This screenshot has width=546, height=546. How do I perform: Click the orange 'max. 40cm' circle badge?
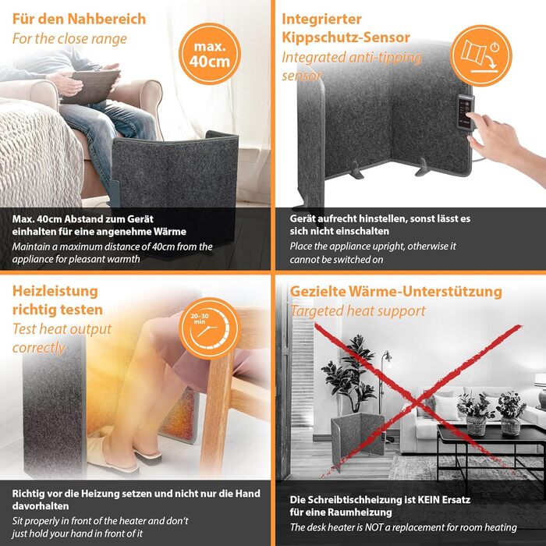210,54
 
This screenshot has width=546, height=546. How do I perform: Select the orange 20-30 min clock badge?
210,328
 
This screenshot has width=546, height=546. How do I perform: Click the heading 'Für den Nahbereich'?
79,19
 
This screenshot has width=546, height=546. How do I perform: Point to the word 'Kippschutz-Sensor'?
346,37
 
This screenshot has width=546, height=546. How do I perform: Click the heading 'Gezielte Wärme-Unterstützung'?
396,292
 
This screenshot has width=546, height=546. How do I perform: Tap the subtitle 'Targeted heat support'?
358,311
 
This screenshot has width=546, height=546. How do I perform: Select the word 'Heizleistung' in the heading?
55,292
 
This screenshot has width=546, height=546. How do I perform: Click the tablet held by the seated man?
91,86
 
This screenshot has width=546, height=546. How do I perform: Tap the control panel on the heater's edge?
466,112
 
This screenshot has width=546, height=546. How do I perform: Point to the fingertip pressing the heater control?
469,115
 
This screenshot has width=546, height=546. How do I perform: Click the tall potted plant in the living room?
349,374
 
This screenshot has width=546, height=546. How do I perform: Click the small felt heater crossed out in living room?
357,435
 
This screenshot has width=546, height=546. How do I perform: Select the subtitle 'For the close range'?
69,39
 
